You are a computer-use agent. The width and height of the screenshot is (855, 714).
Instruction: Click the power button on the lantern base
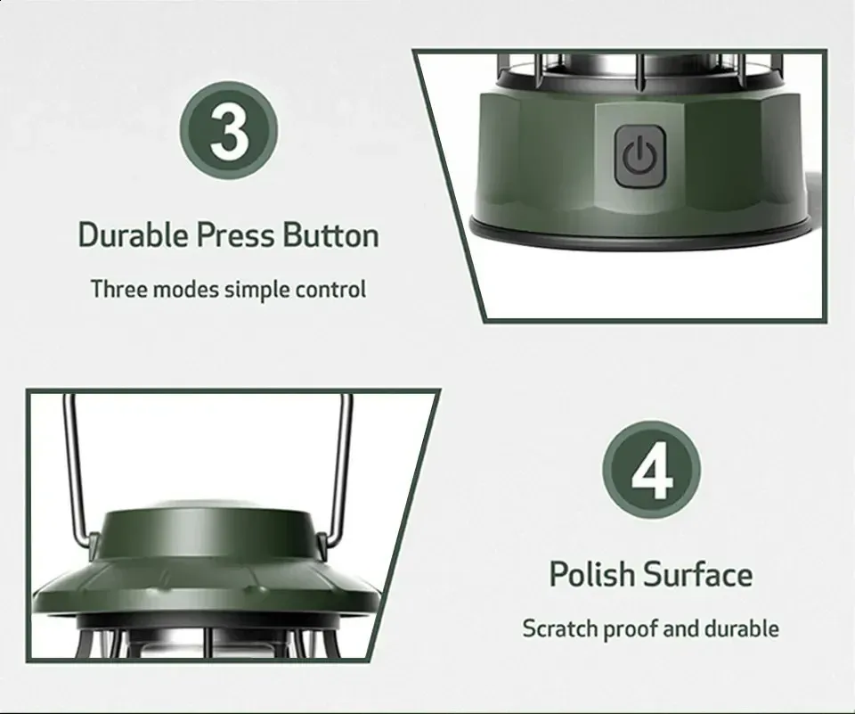[x=640, y=156]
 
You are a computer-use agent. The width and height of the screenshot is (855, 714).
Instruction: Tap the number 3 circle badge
[x=229, y=130]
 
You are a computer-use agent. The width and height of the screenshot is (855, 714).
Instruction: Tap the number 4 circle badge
[x=652, y=470]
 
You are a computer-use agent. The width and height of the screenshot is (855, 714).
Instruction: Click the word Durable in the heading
[x=134, y=234]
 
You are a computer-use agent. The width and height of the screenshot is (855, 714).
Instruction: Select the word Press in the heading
[x=235, y=234]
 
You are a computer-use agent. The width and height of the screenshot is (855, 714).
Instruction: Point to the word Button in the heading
[x=331, y=234]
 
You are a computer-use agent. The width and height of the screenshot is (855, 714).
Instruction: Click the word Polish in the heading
[x=592, y=574]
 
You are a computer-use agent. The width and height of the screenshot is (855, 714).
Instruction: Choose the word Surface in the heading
[x=698, y=574]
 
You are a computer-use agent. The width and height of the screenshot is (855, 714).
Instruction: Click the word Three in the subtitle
[x=118, y=290]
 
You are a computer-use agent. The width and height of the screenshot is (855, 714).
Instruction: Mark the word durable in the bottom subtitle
[x=742, y=628]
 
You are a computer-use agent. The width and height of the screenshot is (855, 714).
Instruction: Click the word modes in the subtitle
[x=186, y=290]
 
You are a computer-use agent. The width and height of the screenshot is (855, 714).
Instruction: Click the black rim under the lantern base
[x=640, y=232]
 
